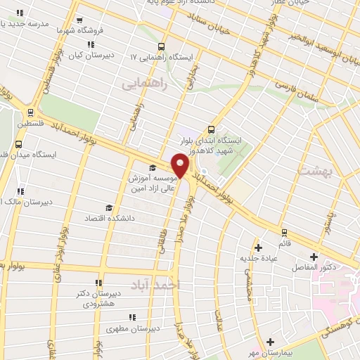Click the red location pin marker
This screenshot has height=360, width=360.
[x=181, y=166]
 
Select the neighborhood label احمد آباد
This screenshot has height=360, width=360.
[x=156, y=283]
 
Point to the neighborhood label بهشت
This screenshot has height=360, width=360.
[x=314, y=171]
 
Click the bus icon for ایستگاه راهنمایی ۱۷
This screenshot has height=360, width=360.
[x=162, y=44]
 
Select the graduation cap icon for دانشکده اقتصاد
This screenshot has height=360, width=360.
[x=108, y=207]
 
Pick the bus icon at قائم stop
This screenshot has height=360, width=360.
[x=284, y=232]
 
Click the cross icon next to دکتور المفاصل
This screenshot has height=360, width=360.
[x=314, y=257]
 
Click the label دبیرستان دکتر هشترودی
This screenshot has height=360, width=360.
[x=99, y=299]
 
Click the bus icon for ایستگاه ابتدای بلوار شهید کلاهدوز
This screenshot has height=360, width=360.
[x=212, y=129]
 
